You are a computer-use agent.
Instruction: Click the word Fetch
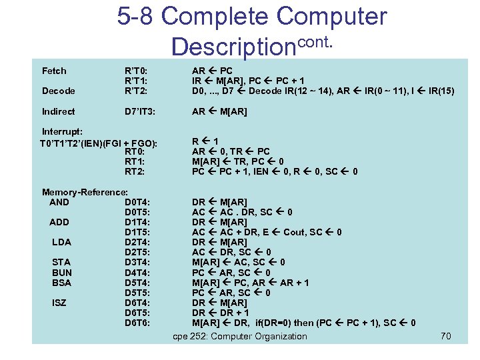[54, 71]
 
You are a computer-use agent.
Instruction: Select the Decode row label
[58, 91]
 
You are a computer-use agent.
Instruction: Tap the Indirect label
[58, 111]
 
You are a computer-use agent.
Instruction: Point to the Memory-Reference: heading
[85, 192]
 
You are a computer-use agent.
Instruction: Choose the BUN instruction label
[62, 273]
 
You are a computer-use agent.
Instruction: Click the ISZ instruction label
[60, 303]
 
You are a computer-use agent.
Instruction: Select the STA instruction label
[61, 263]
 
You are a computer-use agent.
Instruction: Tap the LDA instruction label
[61, 242]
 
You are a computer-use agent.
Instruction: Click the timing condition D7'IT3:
[140, 111]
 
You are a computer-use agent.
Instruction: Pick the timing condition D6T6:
[137, 323]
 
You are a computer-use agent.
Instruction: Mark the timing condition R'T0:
[136, 71]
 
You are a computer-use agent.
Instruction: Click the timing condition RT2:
[135, 171]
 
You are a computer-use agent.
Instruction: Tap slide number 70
[446, 336]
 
